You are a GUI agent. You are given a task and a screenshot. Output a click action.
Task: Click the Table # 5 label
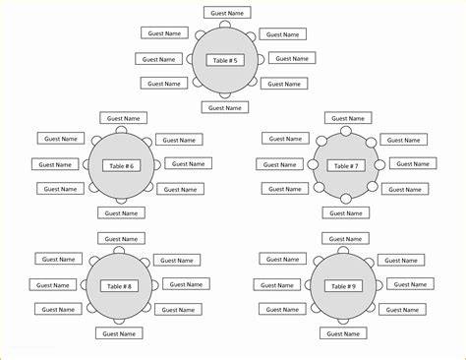(225, 60)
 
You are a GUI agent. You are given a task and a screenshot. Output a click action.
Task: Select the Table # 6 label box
(122, 166)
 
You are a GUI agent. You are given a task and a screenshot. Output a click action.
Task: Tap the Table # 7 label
(346, 166)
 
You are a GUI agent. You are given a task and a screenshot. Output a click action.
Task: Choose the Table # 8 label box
(119, 286)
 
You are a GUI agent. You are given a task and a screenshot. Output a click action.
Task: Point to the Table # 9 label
(343, 286)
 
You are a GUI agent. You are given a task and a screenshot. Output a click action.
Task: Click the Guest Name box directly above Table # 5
(227, 13)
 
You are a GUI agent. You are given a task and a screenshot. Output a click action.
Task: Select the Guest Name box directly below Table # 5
(225, 107)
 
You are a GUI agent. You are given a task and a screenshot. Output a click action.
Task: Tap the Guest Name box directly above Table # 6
(123, 118)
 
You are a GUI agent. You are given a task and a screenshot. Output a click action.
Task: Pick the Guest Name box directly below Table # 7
(346, 213)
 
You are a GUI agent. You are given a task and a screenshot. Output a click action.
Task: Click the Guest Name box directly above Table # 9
(345, 239)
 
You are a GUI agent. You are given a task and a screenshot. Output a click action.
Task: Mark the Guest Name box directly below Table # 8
(119, 333)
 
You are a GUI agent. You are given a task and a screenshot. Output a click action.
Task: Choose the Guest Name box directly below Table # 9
(343, 333)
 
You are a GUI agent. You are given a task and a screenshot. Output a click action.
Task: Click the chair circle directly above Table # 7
(346, 131)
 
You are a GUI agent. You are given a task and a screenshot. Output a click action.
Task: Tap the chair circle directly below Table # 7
(346, 199)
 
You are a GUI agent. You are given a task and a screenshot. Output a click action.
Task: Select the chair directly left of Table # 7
(313, 164)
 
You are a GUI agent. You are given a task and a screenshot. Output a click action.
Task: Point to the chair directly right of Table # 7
(379, 164)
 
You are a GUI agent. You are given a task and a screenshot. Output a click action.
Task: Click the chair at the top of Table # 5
(225, 25)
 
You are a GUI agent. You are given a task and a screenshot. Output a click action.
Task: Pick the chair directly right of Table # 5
(261, 59)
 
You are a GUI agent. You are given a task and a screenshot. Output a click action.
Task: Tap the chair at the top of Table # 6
(121, 130)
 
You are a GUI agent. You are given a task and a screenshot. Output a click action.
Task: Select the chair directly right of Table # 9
(379, 285)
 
